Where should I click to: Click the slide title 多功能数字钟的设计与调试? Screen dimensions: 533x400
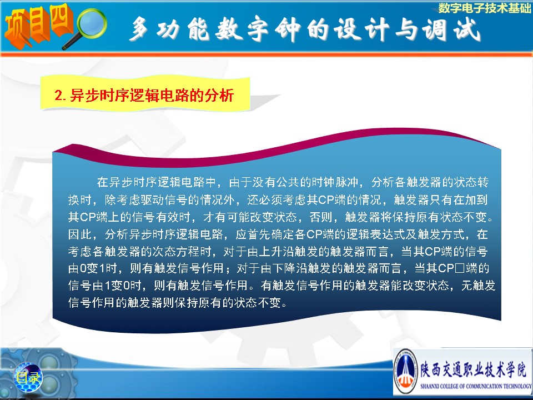point(305,29)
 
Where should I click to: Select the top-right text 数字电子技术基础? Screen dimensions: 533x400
point(484,8)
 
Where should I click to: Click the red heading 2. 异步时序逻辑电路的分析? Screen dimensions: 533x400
point(144,95)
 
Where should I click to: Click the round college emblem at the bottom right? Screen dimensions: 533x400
point(405,372)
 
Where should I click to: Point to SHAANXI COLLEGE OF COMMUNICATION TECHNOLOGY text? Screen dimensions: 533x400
point(476,386)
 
